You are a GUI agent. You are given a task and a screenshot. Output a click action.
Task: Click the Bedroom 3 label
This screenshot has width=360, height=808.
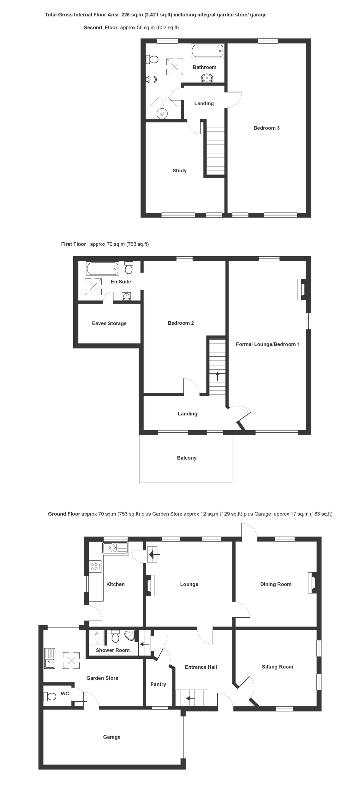click(x=267, y=128)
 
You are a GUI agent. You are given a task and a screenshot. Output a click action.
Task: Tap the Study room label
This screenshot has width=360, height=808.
click(x=179, y=170)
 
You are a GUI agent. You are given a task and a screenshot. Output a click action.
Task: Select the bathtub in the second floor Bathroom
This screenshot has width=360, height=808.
click(x=207, y=51)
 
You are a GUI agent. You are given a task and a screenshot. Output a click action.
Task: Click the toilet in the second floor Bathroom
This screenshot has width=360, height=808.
click(x=152, y=59)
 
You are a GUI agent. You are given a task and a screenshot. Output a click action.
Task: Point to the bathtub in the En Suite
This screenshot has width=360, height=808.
click(x=103, y=269)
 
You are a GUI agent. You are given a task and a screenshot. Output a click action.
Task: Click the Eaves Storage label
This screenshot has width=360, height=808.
click(x=109, y=323)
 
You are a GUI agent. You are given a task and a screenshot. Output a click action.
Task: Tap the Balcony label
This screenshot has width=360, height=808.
click(x=187, y=458)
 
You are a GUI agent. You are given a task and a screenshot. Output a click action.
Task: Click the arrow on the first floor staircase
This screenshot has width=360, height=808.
click(x=218, y=376)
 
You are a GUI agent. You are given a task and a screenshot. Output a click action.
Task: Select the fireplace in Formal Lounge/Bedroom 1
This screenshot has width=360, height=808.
click(x=302, y=289)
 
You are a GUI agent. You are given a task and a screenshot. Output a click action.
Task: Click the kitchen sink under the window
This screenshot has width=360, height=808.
click(x=115, y=548)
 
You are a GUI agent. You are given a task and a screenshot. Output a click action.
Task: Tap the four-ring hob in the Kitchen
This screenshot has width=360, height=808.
click(x=95, y=567)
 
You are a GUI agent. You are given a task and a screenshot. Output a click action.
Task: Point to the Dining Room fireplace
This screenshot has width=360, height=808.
click(x=312, y=583)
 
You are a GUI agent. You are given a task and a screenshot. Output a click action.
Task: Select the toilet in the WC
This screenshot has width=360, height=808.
click(x=50, y=696)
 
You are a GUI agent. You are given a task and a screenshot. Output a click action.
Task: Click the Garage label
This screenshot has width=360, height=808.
click(x=112, y=737)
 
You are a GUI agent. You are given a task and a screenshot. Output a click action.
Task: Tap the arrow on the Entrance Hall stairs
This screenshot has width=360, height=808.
click(x=190, y=698)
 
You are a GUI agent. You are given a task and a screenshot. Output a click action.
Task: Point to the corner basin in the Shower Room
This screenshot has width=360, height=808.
click(x=130, y=635)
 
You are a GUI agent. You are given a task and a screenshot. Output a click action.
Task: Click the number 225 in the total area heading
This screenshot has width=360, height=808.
click(x=126, y=15)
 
